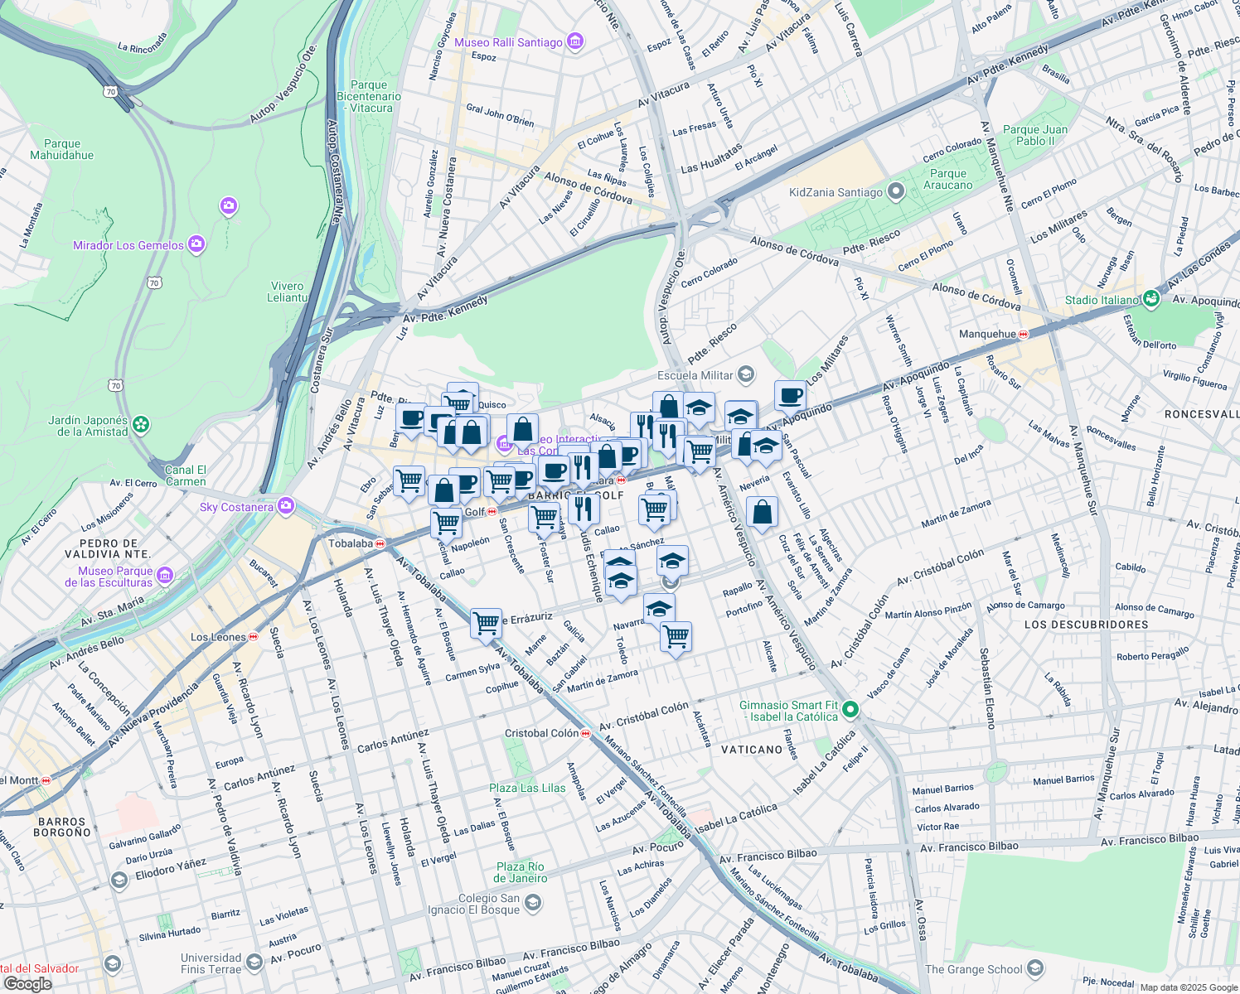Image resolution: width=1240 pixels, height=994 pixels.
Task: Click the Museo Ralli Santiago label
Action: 508,42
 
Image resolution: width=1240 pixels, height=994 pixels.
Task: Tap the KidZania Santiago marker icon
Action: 895,192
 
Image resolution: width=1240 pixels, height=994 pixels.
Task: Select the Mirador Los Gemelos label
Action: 128,245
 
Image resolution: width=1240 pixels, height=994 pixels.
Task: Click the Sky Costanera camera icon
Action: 286,505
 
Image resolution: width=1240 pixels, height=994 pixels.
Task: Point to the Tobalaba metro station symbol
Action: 380,544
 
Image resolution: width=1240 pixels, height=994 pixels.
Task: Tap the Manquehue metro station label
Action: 987,334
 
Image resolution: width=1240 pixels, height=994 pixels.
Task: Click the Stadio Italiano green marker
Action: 1150,299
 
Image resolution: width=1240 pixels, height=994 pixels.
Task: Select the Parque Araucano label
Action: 948,179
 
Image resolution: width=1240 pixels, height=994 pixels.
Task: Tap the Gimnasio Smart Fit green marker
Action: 850,710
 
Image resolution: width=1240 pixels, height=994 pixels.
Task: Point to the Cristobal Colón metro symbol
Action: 586,733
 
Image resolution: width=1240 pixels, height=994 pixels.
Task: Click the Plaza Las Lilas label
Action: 527,788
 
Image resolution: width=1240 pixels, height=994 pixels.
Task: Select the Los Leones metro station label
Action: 218,637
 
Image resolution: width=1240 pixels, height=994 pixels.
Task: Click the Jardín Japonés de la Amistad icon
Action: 142,425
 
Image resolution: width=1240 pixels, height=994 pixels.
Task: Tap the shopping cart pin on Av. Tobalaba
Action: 486,622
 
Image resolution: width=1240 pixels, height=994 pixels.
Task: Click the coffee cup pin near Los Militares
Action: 790,394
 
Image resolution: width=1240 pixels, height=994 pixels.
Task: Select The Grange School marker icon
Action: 1034,968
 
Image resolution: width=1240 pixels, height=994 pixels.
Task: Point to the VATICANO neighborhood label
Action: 752,750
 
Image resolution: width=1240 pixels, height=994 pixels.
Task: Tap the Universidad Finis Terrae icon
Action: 254,962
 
